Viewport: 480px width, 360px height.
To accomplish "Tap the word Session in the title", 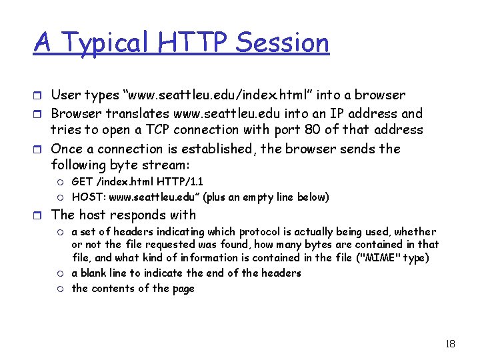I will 282,43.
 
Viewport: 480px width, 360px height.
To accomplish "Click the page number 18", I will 449,344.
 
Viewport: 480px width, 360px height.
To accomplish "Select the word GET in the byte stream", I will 82,181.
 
